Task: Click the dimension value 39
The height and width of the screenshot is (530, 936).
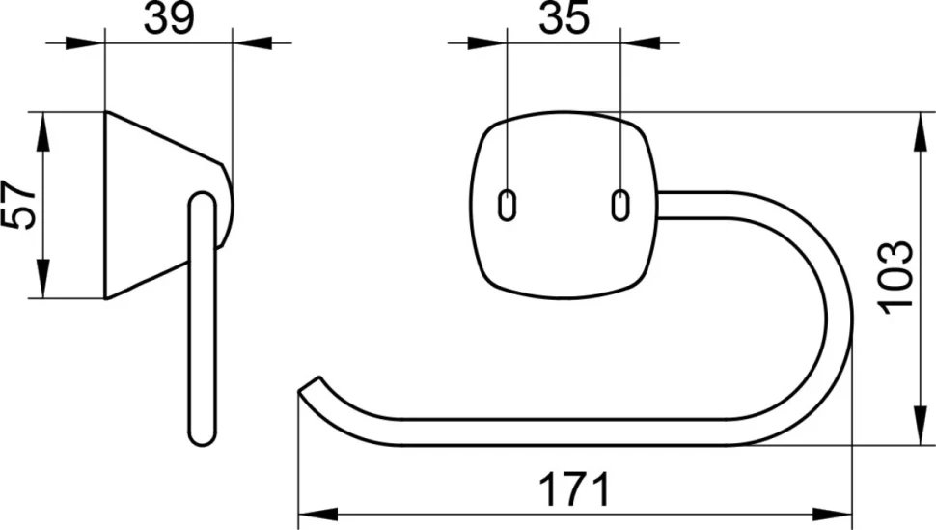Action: [169, 18]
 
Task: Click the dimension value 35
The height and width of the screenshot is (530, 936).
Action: [564, 18]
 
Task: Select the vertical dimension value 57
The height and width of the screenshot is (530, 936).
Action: [18, 205]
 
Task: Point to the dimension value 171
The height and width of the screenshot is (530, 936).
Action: [575, 488]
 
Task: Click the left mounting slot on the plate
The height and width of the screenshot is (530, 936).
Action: [507, 205]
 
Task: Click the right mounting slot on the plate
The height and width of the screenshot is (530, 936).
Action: [620, 205]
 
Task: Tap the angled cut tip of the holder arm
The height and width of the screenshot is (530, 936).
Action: [309, 384]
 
